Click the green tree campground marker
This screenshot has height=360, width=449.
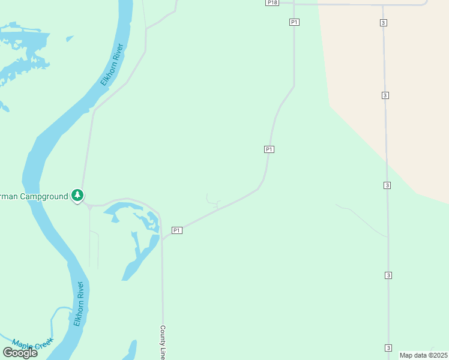pyautogui.click(x=77, y=195)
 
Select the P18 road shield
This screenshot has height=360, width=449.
pyautogui.click(x=273, y=3)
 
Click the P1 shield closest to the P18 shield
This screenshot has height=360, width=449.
pyautogui.click(x=294, y=22)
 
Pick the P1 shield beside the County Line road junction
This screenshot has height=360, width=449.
pyautogui.click(x=177, y=230)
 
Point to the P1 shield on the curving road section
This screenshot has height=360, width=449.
pyautogui.click(x=269, y=149)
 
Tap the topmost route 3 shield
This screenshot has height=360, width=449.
pyautogui.click(x=384, y=22)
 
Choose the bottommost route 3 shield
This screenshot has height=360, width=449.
pyautogui.click(x=388, y=348)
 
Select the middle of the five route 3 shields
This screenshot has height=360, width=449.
pyautogui.click(x=387, y=186)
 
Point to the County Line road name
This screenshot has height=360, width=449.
pyautogui.click(x=163, y=343)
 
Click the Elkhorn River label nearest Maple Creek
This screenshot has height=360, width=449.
pyautogui.click(x=79, y=304)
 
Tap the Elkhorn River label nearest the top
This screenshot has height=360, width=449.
pyautogui.click(x=112, y=64)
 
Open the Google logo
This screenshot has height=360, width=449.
pyautogui.click(x=20, y=353)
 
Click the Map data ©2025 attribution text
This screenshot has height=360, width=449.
pyautogui.click(x=423, y=355)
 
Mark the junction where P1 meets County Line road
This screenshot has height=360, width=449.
pyautogui.click(x=162, y=239)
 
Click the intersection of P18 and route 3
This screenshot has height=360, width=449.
pyautogui.click(x=383, y=5)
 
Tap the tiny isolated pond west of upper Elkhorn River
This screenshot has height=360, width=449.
pyautogui.click(x=70, y=39)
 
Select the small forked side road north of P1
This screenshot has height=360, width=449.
pyautogui.click(x=211, y=200)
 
